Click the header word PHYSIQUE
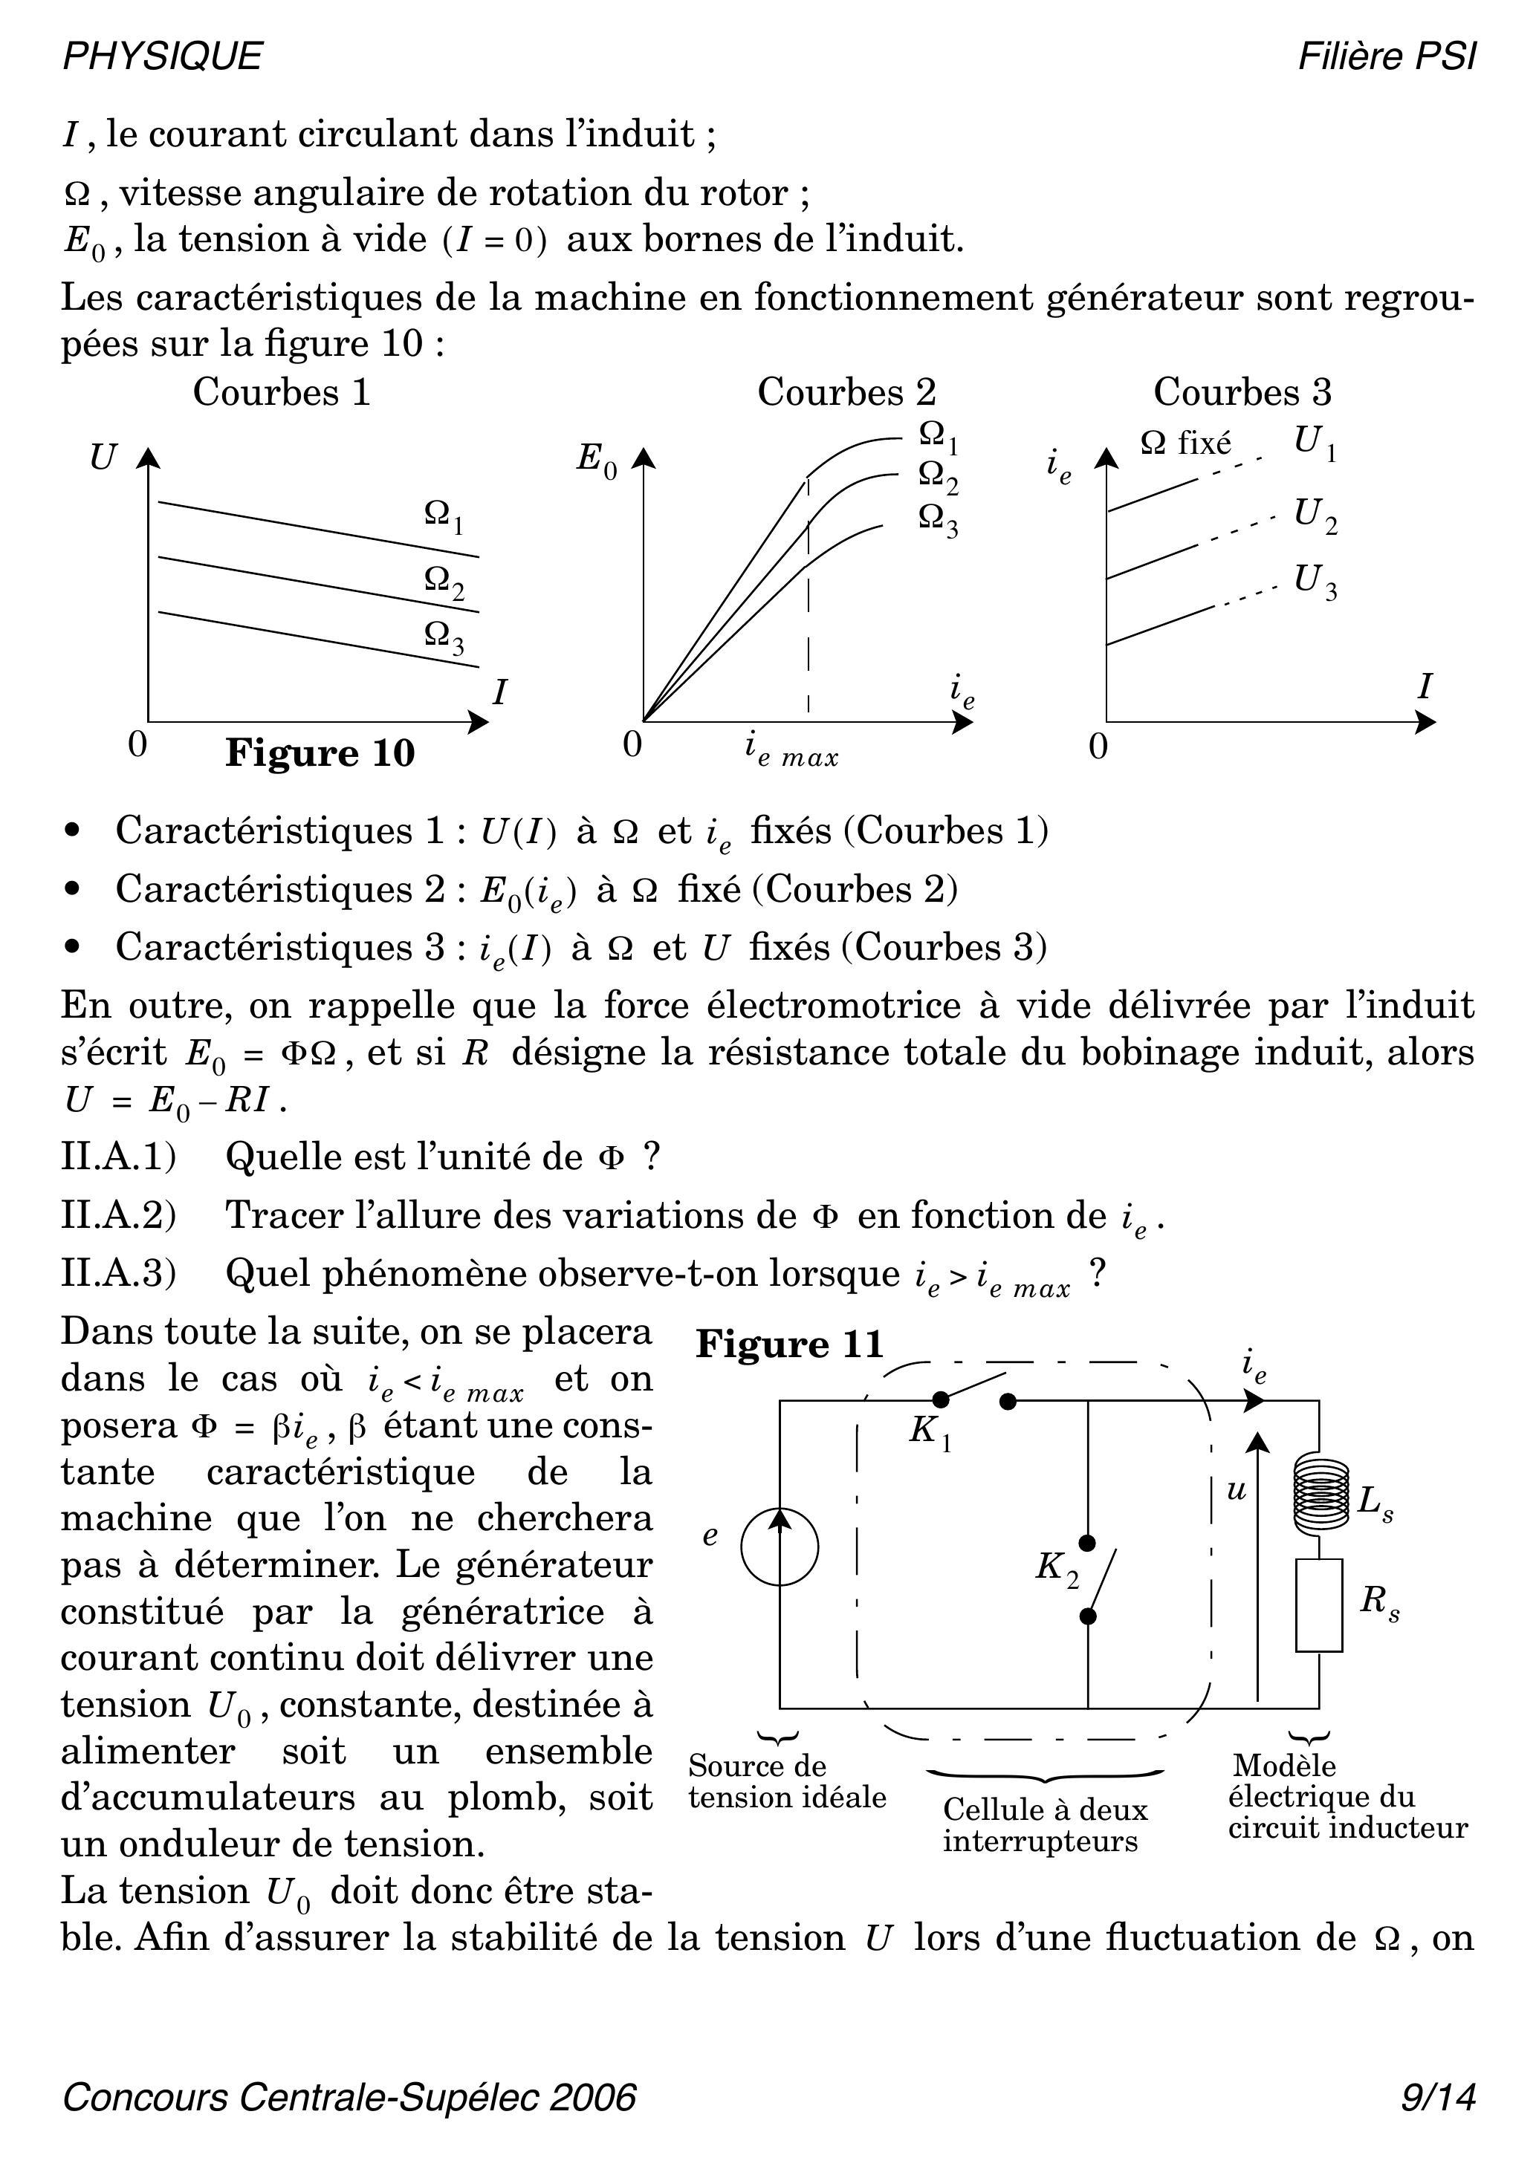click(x=162, y=56)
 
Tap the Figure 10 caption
click(x=320, y=754)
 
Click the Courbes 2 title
click(x=846, y=391)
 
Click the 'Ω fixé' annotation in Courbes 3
click(x=1185, y=443)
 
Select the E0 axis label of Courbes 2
click(x=596, y=461)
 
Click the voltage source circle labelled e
click(x=779, y=1547)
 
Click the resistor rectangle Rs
click(x=1319, y=1605)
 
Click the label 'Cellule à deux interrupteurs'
click(x=1044, y=1825)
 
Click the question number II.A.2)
click(x=118, y=1215)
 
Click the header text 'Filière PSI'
click(x=1386, y=56)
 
